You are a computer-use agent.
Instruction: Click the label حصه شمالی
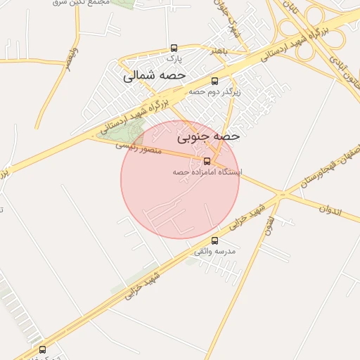(154, 75)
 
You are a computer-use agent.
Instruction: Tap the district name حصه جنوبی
(209, 134)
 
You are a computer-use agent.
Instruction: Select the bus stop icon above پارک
(174, 48)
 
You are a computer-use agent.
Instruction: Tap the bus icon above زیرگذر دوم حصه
(214, 80)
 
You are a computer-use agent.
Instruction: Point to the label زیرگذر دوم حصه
(214, 91)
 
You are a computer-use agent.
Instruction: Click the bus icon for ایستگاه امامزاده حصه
(207, 161)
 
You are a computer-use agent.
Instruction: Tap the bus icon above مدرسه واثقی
(214, 240)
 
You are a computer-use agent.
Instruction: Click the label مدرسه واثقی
(214, 251)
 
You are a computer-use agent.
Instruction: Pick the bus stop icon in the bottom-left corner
(42, 349)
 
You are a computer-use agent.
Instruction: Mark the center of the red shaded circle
(180, 179)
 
